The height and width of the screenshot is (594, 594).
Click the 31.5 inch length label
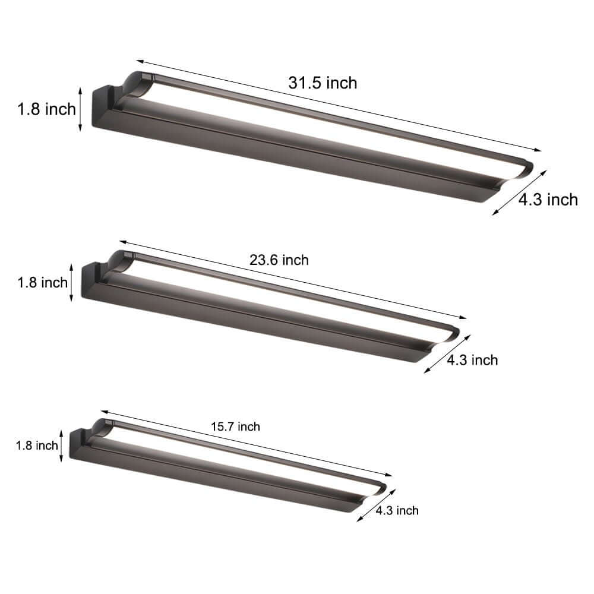pyautogui.click(x=323, y=83)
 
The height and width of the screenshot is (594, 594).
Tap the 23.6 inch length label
pyautogui.click(x=279, y=260)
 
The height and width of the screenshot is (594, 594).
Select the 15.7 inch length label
pyautogui.click(x=235, y=426)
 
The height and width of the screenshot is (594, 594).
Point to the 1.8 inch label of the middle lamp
pyautogui.click(x=42, y=282)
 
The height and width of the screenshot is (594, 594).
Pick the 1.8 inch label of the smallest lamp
pyautogui.click(x=37, y=445)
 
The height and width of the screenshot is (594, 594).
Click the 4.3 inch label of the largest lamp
pyautogui.click(x=548, y=200)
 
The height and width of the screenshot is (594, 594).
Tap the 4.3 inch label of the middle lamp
pyautogui.click(x=472, y=359)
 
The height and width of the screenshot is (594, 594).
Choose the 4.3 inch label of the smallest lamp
pyautogui.click(x=397, y=510)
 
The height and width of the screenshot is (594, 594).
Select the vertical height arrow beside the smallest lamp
pyautogui.click(x=61, y=445)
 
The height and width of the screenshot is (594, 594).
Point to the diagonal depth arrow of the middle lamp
pyautogui.click(x=447, y=353)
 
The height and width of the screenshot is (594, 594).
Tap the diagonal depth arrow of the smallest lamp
pyautogui.click(x=376, y=505)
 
